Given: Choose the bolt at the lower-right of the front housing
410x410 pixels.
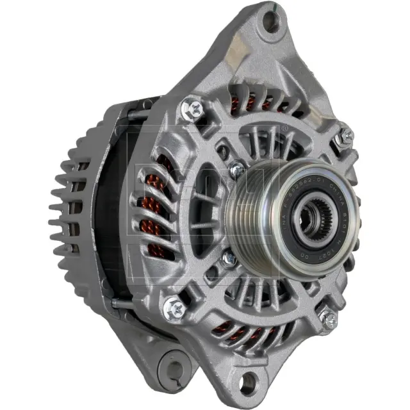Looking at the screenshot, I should click(329, 318).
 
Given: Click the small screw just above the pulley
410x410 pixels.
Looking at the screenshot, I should click(237, 169).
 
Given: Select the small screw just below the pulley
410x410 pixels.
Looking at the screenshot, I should click(229, 258).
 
